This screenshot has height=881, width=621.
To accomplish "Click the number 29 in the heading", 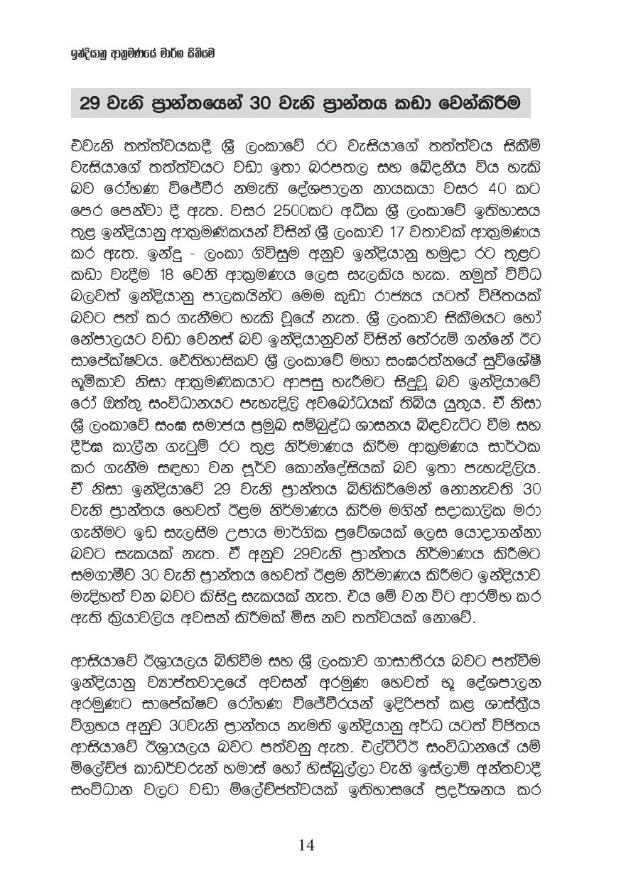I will click(x=90, y=104).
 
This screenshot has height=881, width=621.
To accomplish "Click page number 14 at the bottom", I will click(x=306, y=845).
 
